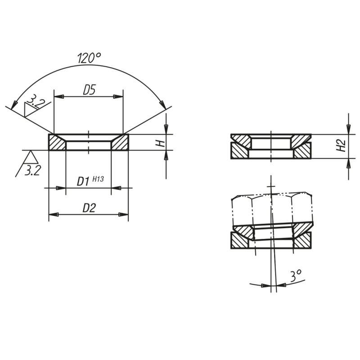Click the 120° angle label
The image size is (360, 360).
pos(89,58)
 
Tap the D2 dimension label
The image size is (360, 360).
pos(89,208)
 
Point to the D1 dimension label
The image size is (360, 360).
pos(83,181)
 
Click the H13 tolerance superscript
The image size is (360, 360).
pos(98,179)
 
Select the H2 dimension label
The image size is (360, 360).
pos(341,145)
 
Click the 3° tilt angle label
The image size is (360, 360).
pos(296,276)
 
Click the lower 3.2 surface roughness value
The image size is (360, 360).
pos(32,171)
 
